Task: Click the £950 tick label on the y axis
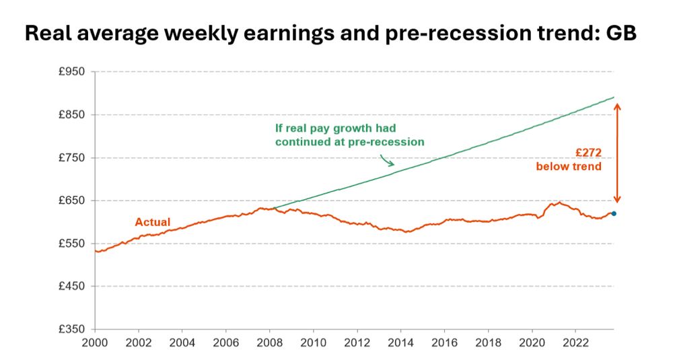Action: click(73, 71)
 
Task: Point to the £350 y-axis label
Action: click(73, 329)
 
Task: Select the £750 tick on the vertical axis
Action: click(73, 157)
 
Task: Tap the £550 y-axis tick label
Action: click(73, 244)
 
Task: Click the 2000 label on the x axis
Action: click(95, 342)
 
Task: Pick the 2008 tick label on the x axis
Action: click(270, 342)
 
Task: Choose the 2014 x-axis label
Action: click(401, 342)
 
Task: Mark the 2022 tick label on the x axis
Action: click(576, 342)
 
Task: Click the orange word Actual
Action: click(153, 222)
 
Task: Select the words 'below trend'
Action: click(568, 166)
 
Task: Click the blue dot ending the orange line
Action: click(614, 213)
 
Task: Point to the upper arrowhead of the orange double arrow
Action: click(617, 106)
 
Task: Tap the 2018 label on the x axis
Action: click(489, 342)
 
